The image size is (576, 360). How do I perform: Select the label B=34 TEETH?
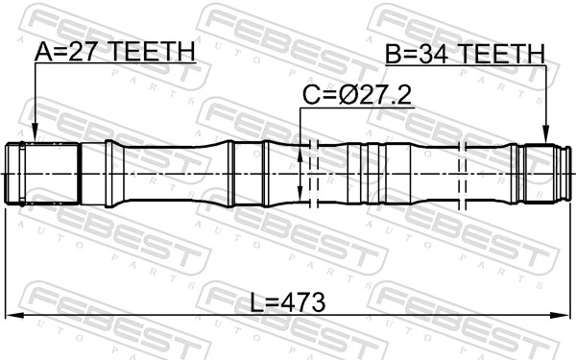pos(465,54)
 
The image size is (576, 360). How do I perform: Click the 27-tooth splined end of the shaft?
pos(43,172)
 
